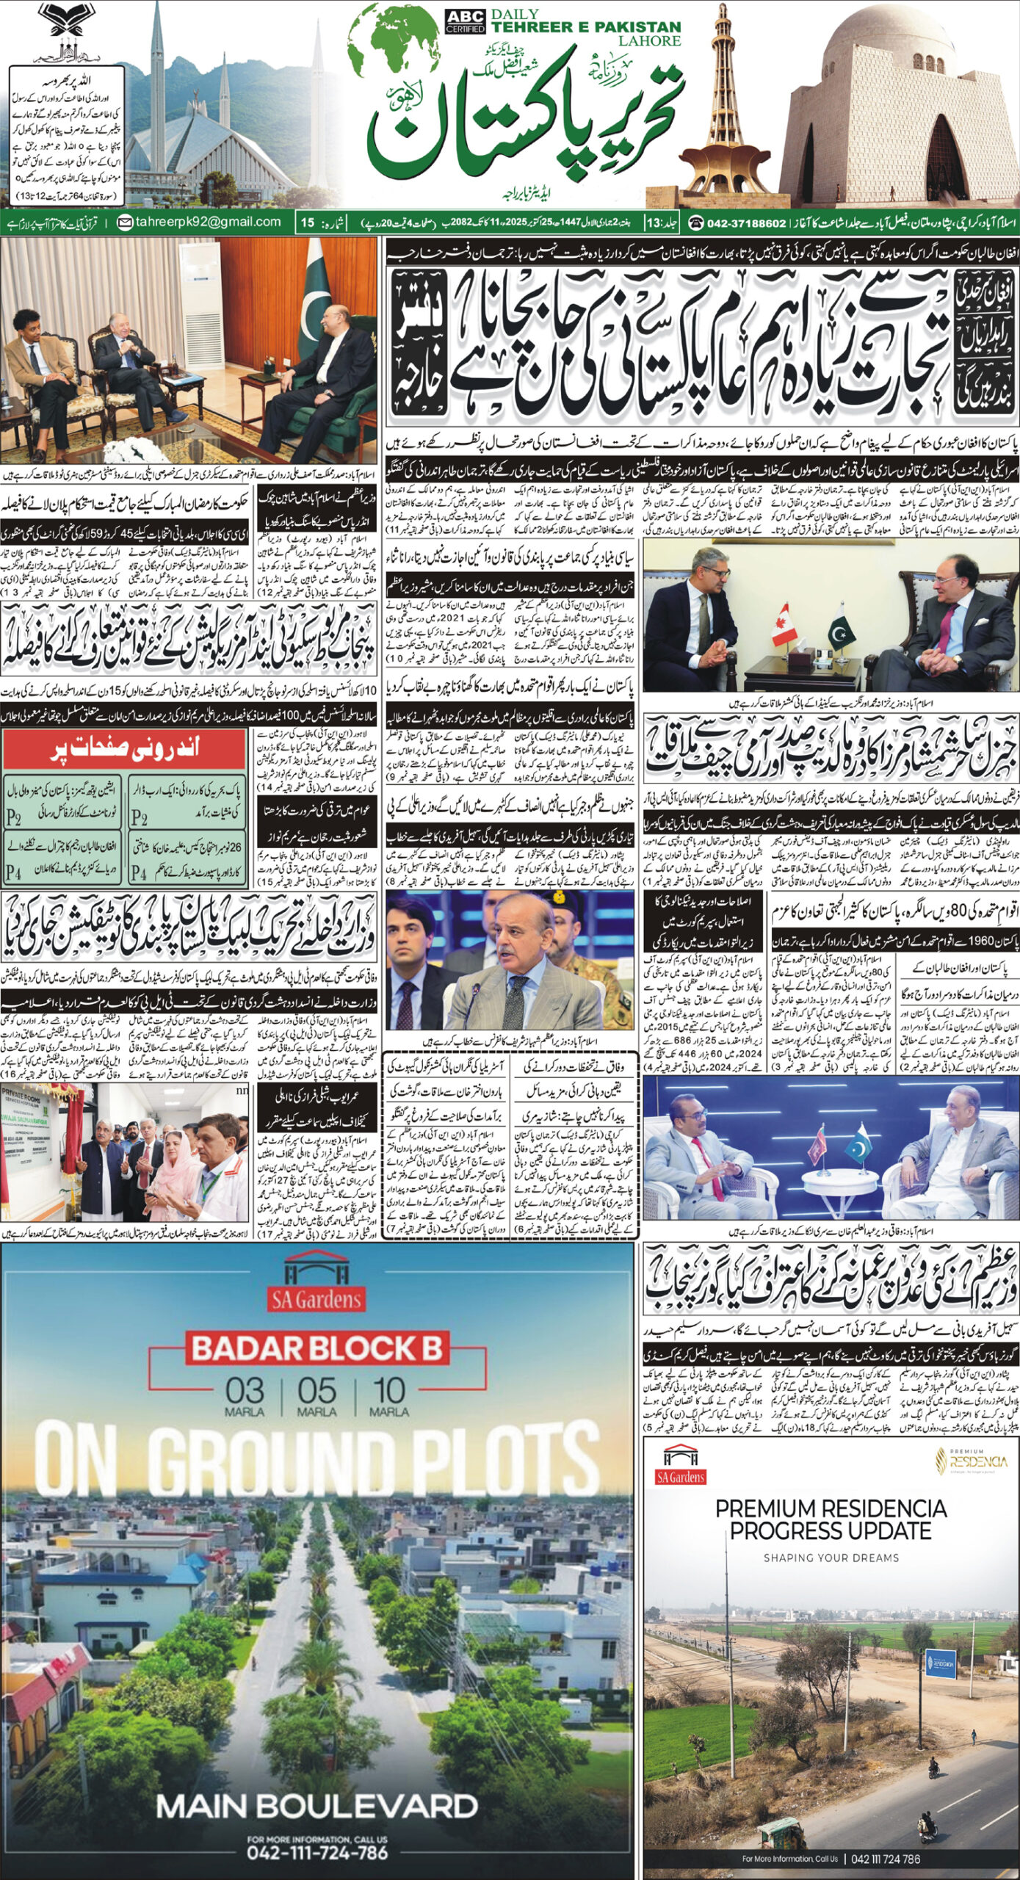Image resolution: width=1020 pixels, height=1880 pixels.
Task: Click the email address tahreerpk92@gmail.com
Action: (x=200, y=222)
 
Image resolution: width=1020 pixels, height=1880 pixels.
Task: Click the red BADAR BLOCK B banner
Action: (x=317, y=1348)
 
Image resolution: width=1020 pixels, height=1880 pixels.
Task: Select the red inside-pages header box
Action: (x=124, y=750)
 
